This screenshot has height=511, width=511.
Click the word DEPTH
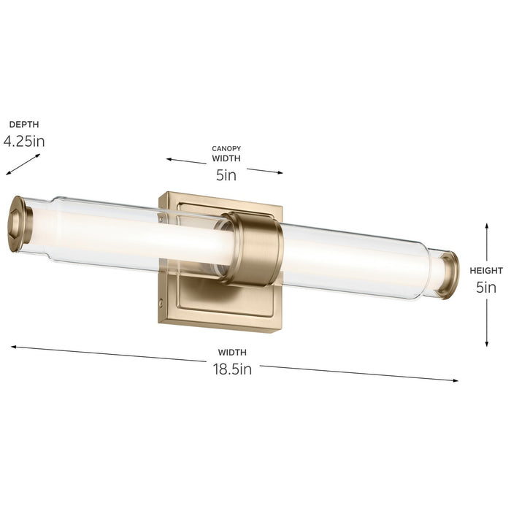24,125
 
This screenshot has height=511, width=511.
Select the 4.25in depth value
24,141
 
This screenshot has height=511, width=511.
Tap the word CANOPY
226,148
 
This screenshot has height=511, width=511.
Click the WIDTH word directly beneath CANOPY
226,158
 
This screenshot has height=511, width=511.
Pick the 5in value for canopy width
226,175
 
